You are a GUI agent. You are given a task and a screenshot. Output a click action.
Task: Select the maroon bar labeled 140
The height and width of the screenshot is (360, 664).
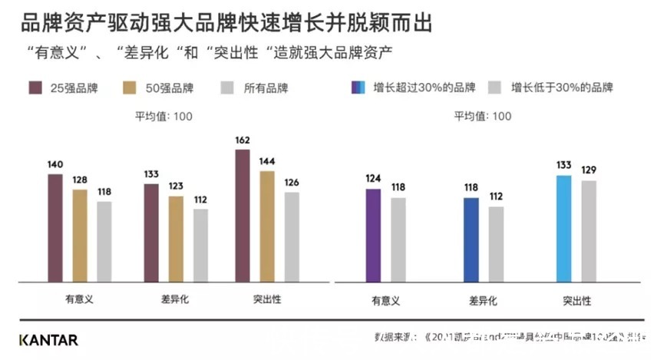pos(55,227)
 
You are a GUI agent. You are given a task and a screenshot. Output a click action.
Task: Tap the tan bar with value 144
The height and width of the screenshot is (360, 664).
pos(266,226)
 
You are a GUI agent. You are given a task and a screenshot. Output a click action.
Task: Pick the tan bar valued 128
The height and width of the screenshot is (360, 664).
pos(80,235)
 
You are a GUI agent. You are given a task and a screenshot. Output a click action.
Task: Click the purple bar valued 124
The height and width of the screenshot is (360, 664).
pos(373,235)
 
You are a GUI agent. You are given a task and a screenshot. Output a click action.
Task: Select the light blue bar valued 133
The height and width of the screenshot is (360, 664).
pos(563,229)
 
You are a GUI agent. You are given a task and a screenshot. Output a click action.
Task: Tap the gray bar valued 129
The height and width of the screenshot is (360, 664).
pos(589,231)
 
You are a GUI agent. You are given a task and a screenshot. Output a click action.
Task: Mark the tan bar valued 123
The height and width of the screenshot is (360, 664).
pos(176,239)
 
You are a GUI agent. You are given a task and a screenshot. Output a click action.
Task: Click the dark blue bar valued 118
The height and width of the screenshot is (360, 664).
pos(471,239)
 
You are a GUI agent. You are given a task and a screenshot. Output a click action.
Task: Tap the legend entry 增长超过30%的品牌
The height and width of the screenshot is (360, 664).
pos(415,88)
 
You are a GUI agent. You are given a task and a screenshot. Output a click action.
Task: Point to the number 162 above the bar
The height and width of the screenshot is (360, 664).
pos(242,141)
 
